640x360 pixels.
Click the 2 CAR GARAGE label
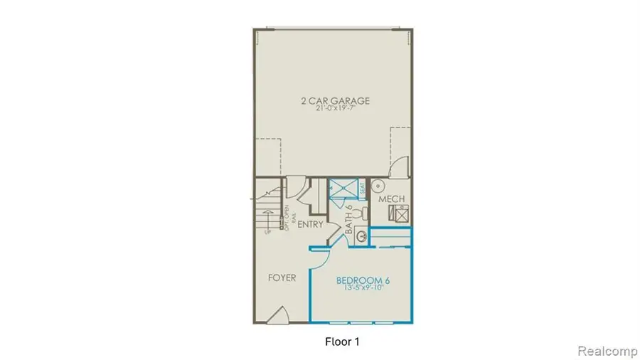pyautogui.click(x=334, y=100)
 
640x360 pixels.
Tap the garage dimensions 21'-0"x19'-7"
pyautogui.click(x=334, y=110)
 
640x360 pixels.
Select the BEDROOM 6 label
pyautogui.click(x=363, y=280)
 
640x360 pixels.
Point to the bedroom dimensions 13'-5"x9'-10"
pyautogui.click(x=363, y=289)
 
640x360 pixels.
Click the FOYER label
pyautogui.click(x=282, y=277)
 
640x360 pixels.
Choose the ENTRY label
pyautogui.click(x=310, y=225)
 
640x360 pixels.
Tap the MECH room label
pyautogui.click(x=391, y=198)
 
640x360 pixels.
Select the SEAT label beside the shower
pyautogui.click(x=362, y=188)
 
